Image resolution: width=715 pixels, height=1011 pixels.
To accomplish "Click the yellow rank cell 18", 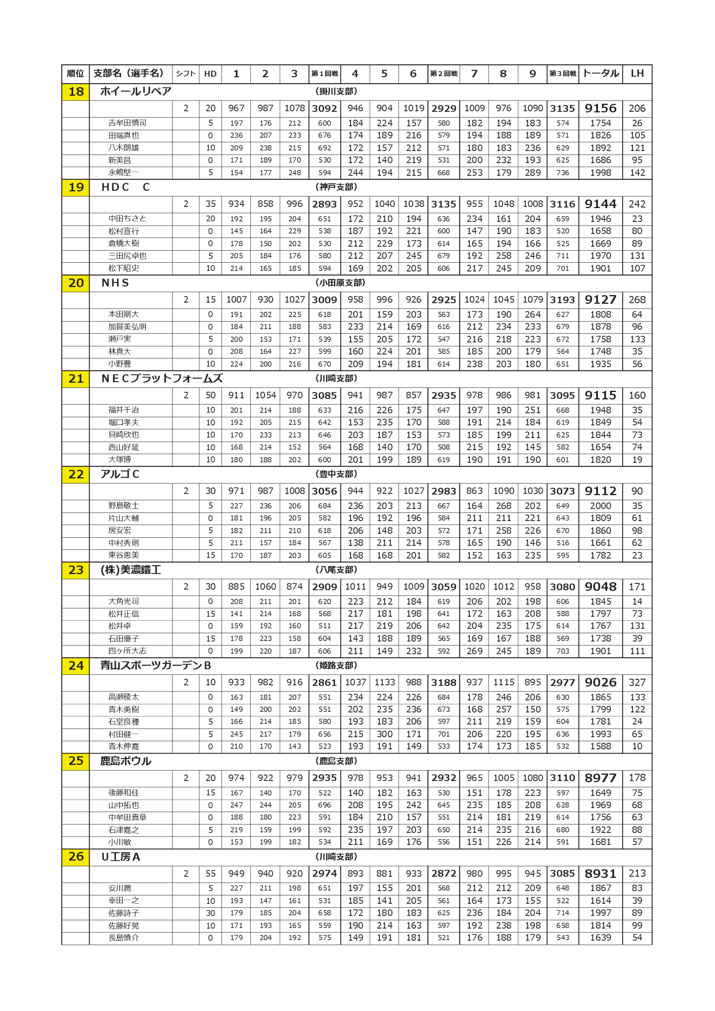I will pyautogui.click(x=76, y=92).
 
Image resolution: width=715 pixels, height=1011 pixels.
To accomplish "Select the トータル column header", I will pyautogui.click(x=600, y=74).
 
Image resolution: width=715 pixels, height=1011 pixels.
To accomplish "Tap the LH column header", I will pyautogui.click(x=637, y=74).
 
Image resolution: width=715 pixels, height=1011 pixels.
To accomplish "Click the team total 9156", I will pyautogui.click(x=600, y=108).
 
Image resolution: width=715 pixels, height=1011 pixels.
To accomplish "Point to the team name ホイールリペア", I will pyautogui.click(x=136, y=92).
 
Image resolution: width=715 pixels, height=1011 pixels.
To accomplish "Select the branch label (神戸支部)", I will pyautogui.click(x=337, y=187).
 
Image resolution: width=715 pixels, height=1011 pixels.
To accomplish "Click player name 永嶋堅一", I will pyautogui.click(x=123, y=172).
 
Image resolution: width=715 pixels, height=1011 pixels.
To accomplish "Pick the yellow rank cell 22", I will pyautogui.click(x=76, y=474).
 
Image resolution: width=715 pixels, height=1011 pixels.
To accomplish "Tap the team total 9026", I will pyautogui.click(x=600, y=682).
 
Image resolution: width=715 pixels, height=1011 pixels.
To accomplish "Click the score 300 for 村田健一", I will pyautogui.click(x=385, y=734).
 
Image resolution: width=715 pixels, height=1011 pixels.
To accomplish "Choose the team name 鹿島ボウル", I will pyautogui.click(x=126, y=761).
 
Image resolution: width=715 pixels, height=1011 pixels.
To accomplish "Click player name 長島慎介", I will pyautogui.click(x=123, y=938).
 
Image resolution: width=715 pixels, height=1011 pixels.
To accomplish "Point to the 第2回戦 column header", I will pyautogui.click(x=443, y=74).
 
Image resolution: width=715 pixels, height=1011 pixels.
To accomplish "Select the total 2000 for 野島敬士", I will pyautogui.click(x=600, y=506).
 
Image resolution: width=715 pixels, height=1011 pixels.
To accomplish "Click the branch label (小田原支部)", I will pyautogui.click(x=340, y=283).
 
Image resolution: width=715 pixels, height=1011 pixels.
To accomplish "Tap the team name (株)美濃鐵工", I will pyautogui.click(x=131, y=570).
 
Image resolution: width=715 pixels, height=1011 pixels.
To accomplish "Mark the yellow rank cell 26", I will pyautogui.click(x=76, y=857).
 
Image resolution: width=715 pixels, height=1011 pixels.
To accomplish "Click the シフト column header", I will pyautogui.click(x=186, y=74).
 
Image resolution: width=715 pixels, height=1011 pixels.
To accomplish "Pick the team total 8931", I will pyautogui.click(x=600, y=874).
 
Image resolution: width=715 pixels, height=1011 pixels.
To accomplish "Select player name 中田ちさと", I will pyautogui.click(x=127, y=219).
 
